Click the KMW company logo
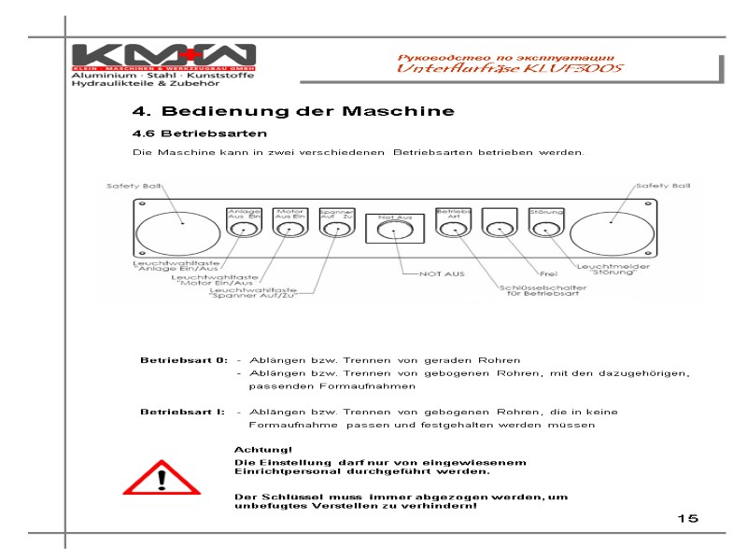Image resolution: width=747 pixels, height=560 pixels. tap(153, 55)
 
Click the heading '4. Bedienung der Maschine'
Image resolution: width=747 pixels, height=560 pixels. tap(293, 111)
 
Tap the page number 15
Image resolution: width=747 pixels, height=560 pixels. tap(688, 518)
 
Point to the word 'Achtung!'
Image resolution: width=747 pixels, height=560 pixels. tap(256, 450)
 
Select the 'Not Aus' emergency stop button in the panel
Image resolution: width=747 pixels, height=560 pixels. tap(395, 231)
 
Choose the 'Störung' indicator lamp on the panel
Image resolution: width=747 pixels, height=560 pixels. tap(545, 227)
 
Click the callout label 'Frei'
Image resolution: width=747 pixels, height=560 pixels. tap(549, 274)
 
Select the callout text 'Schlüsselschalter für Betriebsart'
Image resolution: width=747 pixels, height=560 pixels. tap(540, 291)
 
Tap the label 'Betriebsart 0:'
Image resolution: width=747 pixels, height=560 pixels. tap(183, 360)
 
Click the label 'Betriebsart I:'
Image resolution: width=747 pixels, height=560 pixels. tap(182, 412)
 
